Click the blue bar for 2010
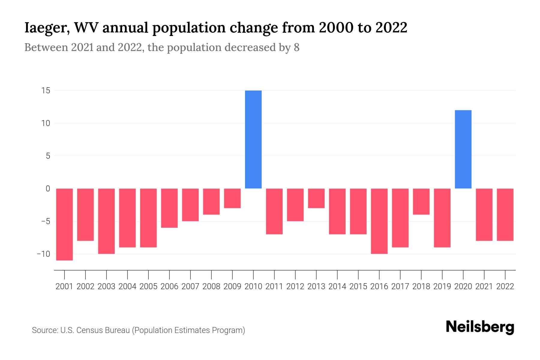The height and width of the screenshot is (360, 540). pyautogui.click(x=253, y=139)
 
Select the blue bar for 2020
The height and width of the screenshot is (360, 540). pyautogui.click(x=463, y=149)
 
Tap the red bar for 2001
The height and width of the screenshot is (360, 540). pyautogui.click(x=64, y=224)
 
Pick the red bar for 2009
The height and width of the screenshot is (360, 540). pyautogui.click(x=232, y=198)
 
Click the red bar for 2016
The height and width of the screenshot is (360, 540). pyautogui.click(x=379, y=221)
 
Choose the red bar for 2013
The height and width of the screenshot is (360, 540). pyautogui.click(x=316, y=198)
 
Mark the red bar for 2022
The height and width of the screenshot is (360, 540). pyautogui.click(x=505, y=214)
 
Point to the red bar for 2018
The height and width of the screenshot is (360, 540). pyautogui.click(x=421, y=202)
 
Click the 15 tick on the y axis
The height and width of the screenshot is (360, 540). pyautogui.click(x=46, y=90)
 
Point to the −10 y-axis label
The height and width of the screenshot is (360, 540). pyautogui.click(x=43, y=254)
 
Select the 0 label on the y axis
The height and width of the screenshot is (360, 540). pyautogui.click(x=48, y=189)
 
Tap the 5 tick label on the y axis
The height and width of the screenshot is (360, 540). pyautogui.click(x=48, y=156)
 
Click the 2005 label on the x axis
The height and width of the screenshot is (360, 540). pyautogui.click(x=148, y=286)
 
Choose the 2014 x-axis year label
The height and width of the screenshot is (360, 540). pyautogui.click(x=337, y=286)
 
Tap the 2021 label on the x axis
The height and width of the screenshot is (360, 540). pyautogui.click(x=484, y=286)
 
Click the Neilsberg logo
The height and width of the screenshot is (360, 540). pyautogui.click(x=480, y=327)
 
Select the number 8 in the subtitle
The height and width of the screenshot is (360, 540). pyautogui.click(x=296, y=48)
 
